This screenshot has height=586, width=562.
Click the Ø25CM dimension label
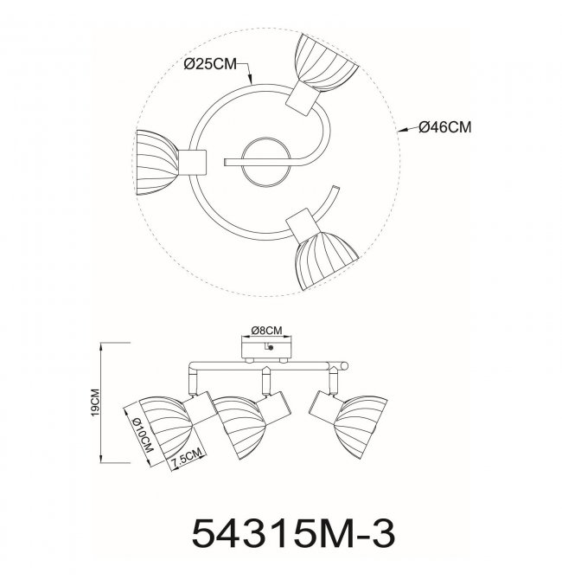click(x=210, y=64)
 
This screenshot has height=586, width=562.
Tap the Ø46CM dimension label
click(x=444, y=127)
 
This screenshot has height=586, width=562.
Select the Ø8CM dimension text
click(x=266, y=331)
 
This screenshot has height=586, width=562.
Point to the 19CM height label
click(x=95, y=402)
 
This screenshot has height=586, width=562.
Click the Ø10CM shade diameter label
click(x=143, y=435)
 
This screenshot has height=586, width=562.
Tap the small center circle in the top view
click(x=265, y=162)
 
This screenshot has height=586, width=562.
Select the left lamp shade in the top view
click(x=157, y=163)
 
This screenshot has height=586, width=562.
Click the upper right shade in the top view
click(x=324, y=63)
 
